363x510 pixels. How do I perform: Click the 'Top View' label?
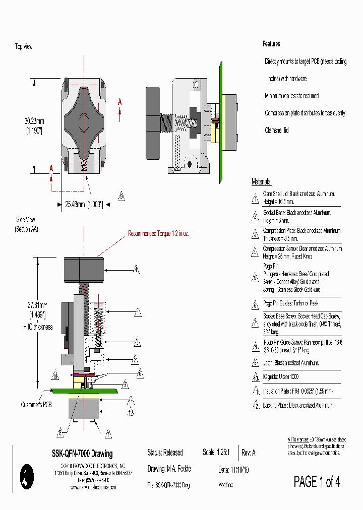coord(24,46)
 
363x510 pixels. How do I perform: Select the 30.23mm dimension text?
coord(34,121)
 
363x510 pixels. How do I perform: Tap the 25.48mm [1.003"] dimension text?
coord(84,204)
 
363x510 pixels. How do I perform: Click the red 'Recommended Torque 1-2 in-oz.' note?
coord(158,234)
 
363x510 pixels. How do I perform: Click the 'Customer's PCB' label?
coord(36,404)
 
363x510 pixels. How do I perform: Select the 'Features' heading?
coord(271,44)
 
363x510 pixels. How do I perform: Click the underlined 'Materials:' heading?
coord(262,182)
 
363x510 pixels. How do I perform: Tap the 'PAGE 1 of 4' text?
coord(317,482)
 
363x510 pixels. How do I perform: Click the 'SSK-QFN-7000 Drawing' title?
coord(82,454)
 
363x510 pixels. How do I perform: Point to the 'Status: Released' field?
coord(165,453)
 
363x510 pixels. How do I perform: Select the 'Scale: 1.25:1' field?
coord(216,453)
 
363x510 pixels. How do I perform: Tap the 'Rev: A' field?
coord(249,453)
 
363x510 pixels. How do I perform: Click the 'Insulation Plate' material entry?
coord(297,391)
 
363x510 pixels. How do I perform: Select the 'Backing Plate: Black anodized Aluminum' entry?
coord(297,405)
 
